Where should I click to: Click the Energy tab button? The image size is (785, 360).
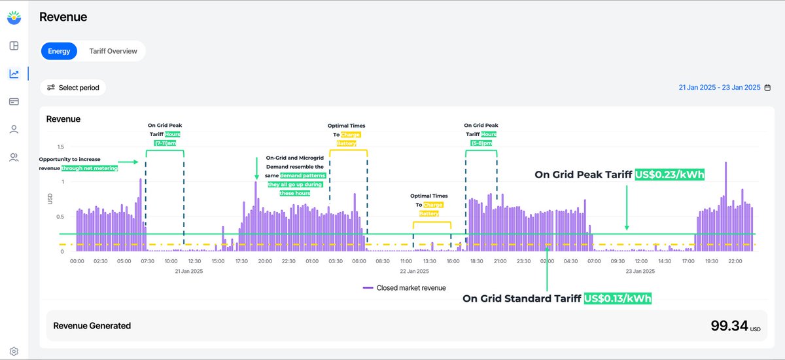tap(59, 51)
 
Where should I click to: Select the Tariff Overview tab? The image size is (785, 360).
tap(113, 51)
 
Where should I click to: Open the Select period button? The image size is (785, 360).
tap(73, 88)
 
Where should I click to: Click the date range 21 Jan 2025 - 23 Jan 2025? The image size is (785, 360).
tap(719, 88)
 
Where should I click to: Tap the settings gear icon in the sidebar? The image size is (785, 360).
tap(14, 351)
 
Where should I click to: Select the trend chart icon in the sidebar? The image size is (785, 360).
tap(14, 74)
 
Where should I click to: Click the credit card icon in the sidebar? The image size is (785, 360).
tap(14, 101)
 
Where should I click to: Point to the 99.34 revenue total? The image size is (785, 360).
tap(729, 325)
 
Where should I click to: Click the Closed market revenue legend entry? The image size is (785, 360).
tap(404, 287)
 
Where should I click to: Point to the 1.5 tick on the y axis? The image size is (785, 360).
tap(60, 147)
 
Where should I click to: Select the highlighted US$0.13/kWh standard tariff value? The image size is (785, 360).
tap(618, 298)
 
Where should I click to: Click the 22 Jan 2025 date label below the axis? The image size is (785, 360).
tap(413, 271)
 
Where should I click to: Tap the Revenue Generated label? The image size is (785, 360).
tap(92, 325)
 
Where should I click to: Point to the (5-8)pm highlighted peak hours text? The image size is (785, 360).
tap(481, 143)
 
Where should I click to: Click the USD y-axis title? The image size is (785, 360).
tap(50, 199)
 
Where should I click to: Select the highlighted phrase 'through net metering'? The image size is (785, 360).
tap(90, 168)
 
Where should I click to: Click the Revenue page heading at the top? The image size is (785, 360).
tap(63, 17)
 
